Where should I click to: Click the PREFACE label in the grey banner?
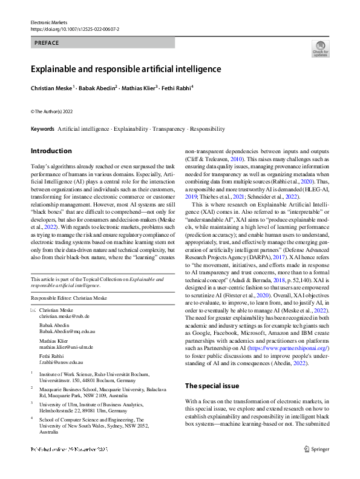pos(47,43)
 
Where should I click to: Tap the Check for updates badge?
pos(320,48)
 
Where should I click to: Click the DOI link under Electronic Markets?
pos(74,28)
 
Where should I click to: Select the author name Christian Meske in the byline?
pos(51,88)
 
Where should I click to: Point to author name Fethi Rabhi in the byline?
pos(176,88)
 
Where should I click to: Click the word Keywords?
pos(42,129)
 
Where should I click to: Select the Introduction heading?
pos(51,151)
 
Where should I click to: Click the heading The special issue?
pos(212,386)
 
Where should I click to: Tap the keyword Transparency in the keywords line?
pos(169,129)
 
